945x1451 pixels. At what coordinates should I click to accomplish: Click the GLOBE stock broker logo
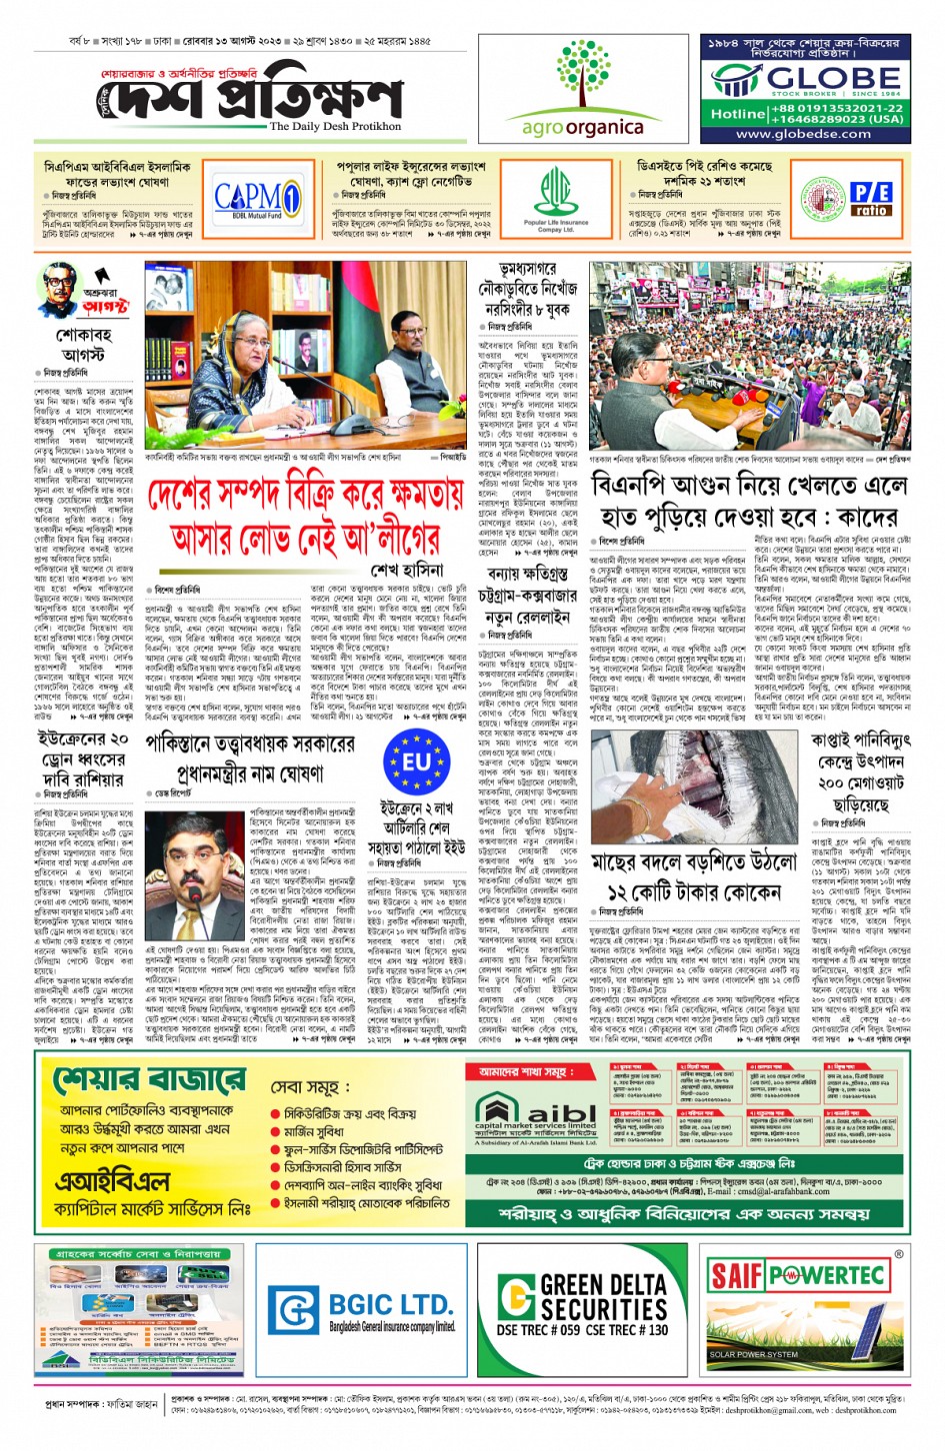coord(805,79)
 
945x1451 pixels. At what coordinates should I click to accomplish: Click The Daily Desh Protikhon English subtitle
coord(334,127)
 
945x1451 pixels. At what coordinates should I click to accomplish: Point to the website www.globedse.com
coord(803,134)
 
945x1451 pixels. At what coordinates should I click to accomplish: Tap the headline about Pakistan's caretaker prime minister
coord(250,758)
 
